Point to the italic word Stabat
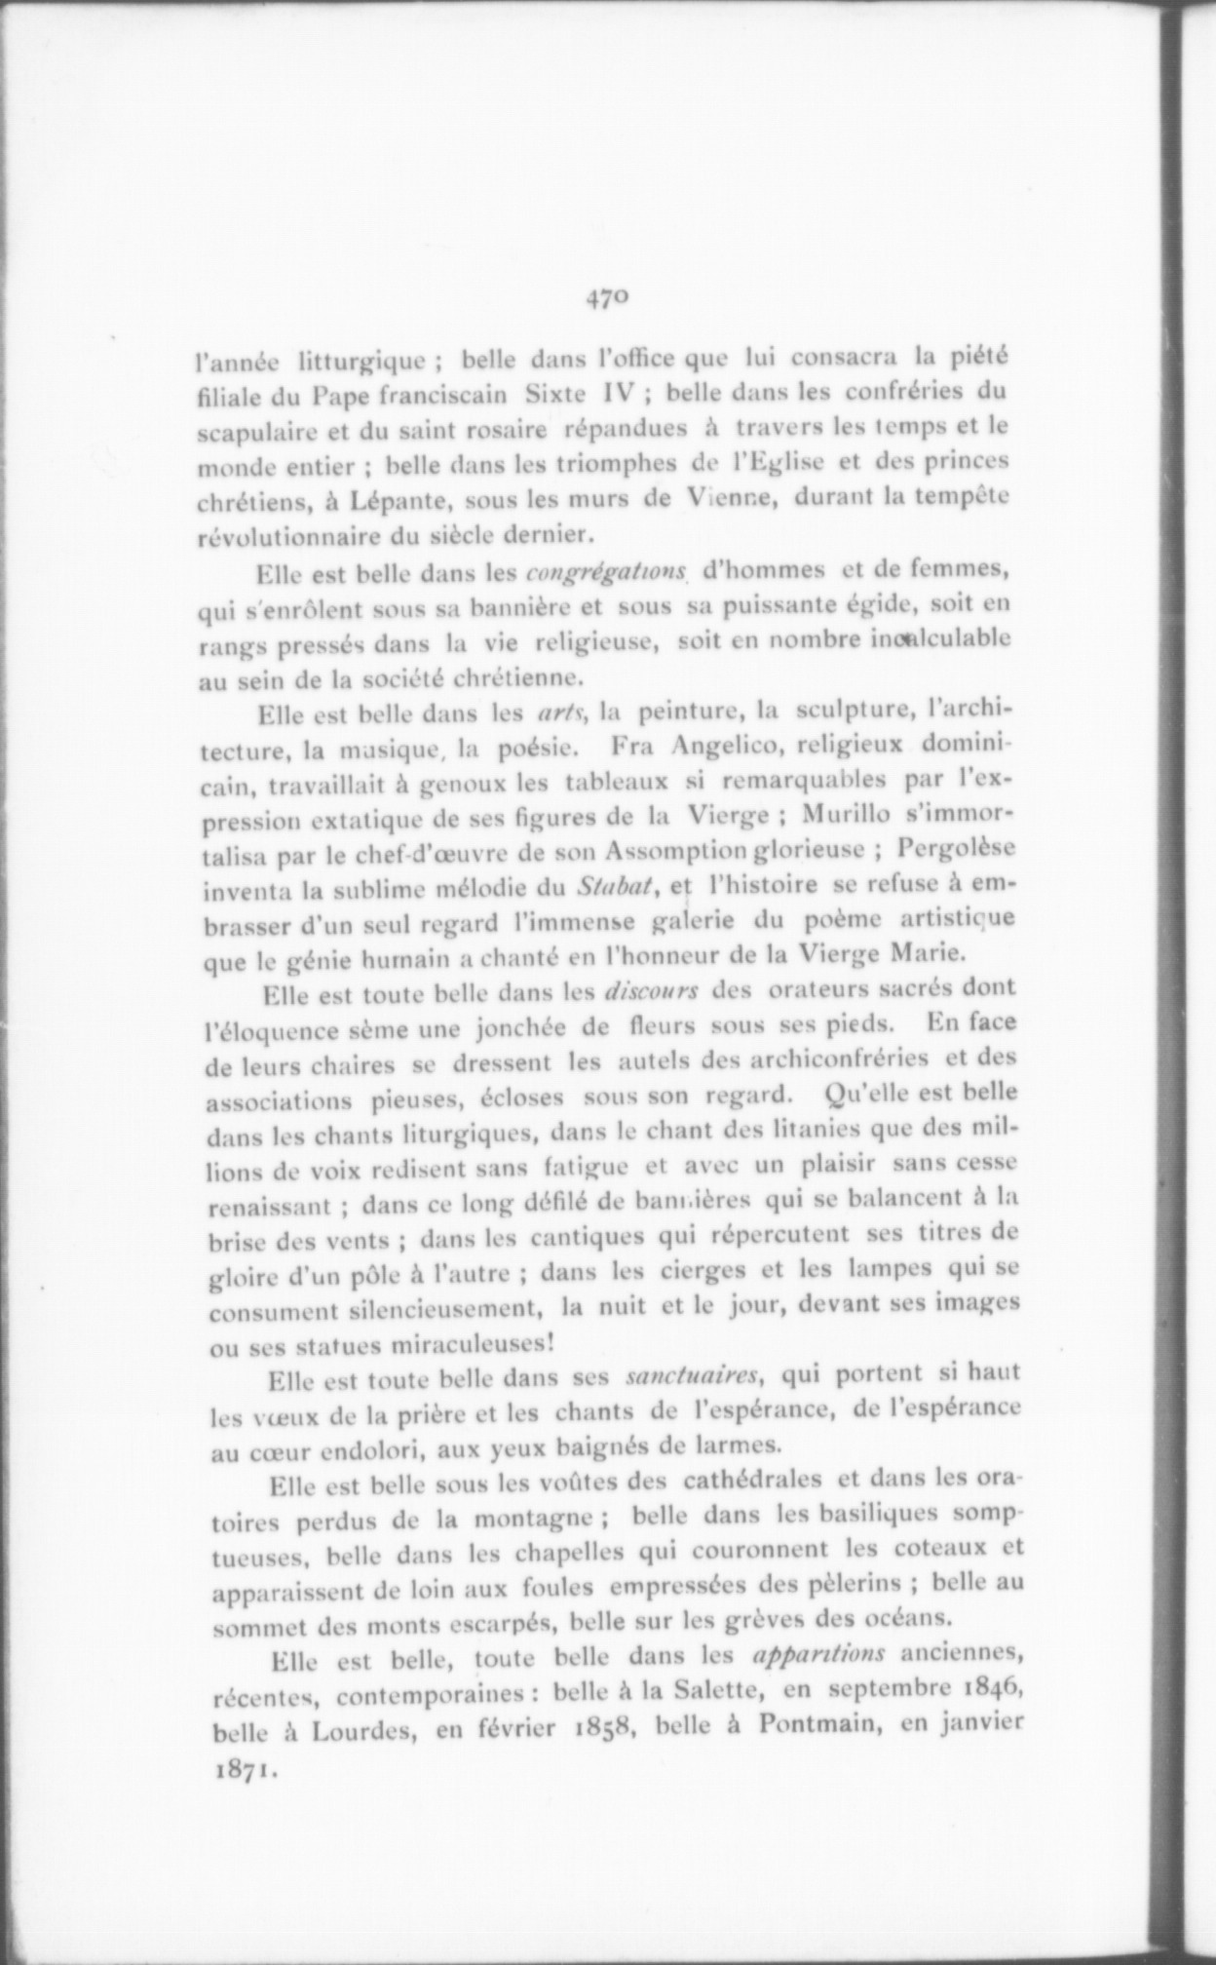[613, 886]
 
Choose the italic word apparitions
[819, 1653]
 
